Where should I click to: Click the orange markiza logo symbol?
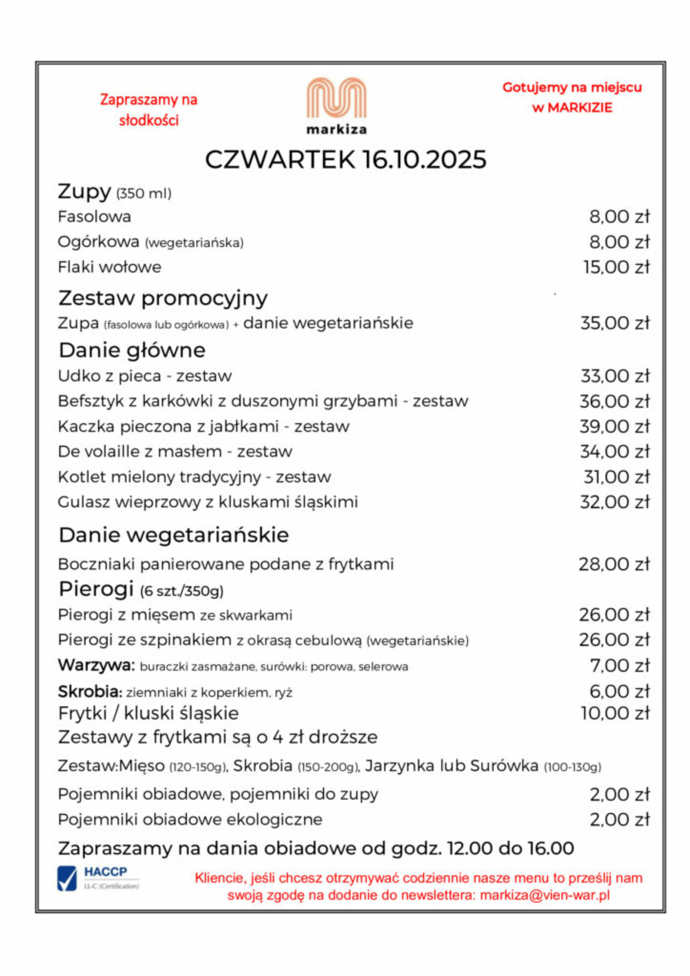tap(337, 98)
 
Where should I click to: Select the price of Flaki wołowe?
tap(617, 267)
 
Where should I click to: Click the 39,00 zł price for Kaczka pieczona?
tap(615, 426)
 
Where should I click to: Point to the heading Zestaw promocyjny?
tap(163, 298)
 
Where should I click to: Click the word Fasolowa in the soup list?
tap(94, 217)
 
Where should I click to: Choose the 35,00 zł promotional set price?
tap(615, 323)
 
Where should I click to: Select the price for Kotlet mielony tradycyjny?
tap(617, 477)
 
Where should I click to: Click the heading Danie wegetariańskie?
tap(174, 535)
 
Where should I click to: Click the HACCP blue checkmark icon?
tap(67, 878)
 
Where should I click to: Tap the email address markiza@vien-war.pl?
tap(545, 895)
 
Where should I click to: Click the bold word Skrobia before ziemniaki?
tap(90, 691)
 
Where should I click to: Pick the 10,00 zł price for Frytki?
tap(615, 713)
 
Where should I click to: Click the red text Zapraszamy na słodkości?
tap(149, 110)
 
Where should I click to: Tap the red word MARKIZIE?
tap(579, 108)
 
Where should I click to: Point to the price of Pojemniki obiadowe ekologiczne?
tap(619, 819)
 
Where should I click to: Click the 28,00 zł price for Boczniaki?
tap(614, 564)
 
